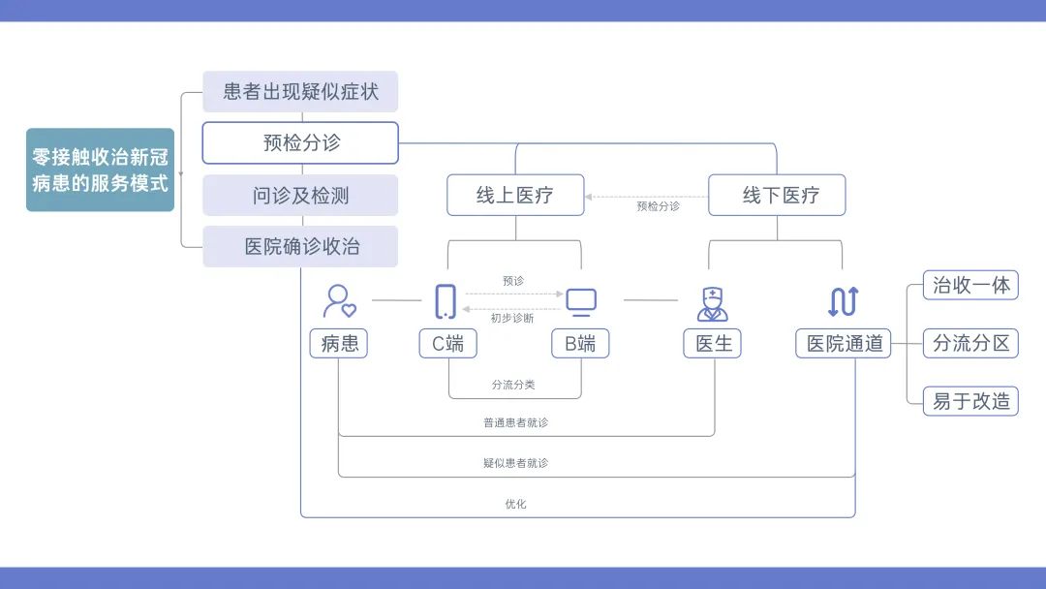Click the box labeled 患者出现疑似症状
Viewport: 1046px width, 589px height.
pyautogui.click(x=300, y=92)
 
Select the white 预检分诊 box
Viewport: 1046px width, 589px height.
pyautogui.click(x=300, y=142)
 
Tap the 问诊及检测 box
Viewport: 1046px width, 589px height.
pyautogui.click(x=300, y=196)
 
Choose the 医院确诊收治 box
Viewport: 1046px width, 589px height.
pyautogui.click(x=300, y=246)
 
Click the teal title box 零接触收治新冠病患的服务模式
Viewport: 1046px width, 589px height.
pyautogui.click(x=100, y=170)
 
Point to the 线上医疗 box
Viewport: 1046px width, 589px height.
pyautogui.click(x=515, y=195)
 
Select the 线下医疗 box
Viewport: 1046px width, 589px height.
pyautogui.click(x=777, y=195)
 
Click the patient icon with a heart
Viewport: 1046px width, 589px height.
pyautogui.click(x=339, y=301)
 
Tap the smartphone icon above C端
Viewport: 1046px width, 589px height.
pyautogui.click(x=446, y=301)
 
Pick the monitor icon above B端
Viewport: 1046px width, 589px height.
pyautogui.click(x=581, y=302)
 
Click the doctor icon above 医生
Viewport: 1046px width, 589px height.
pyautogui.click(x=713, y=302)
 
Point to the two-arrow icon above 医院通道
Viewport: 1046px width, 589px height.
pyautogui.click(x=843, y=301)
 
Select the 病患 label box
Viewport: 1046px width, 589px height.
pyautogui.click(x=339, y=343)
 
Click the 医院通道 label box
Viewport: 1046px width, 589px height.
pyautogui.click(x=844, y=343)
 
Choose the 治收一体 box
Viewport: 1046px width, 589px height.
pyautogui.click(x=970, y=285)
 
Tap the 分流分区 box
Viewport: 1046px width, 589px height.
pyautogui.click(x=970, y=343)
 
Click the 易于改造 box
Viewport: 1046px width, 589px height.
pyautogui.click(x=970, y=400)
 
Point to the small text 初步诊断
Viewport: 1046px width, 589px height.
pyautogui.click(x=512, y=318)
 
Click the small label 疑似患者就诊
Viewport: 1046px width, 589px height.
pyautogui.click(x=515, y=463)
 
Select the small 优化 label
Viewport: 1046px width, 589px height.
pyautogui.click(x=515, y=504)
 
